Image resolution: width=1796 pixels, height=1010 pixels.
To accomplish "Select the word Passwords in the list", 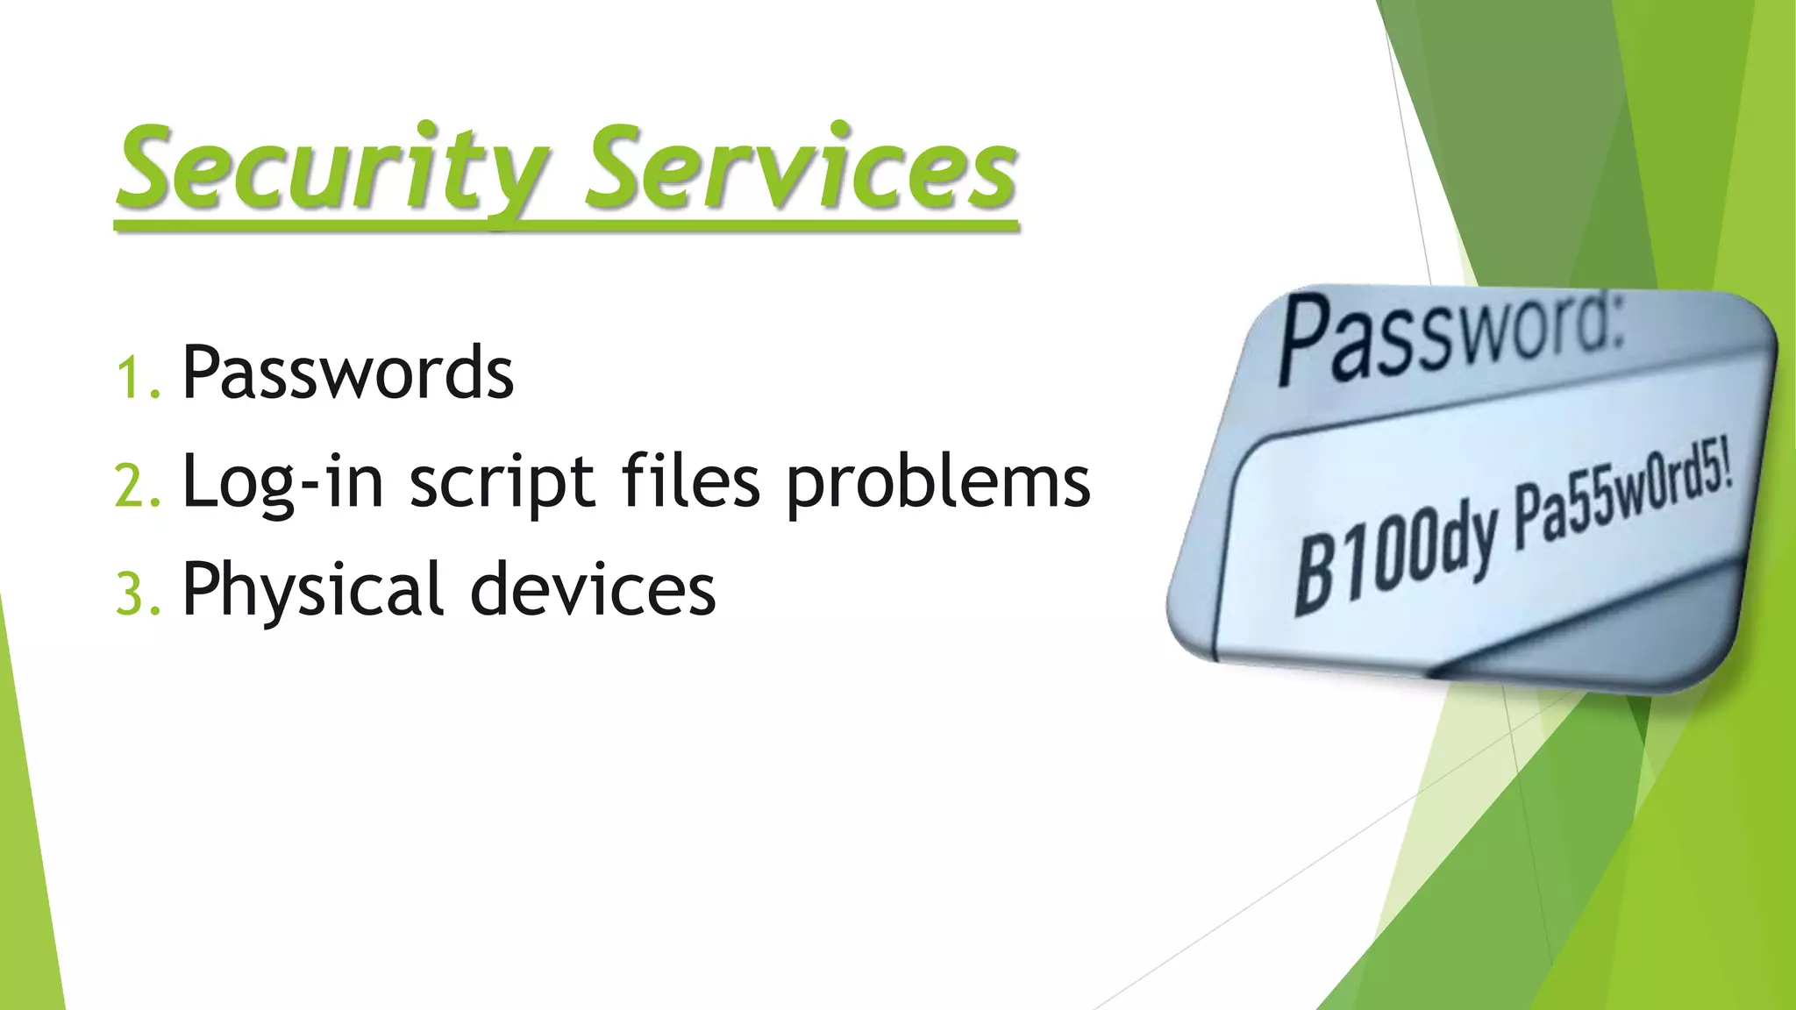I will pyautogui.click(x=347, y=373).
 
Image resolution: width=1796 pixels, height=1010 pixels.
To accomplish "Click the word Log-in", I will pyautogui.click(x=282, y=483).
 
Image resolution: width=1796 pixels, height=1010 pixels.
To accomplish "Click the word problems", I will pyautogui.click(x=937, y=485).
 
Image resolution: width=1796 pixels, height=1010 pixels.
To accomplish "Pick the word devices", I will pyautogui.click(x=593, y=590).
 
